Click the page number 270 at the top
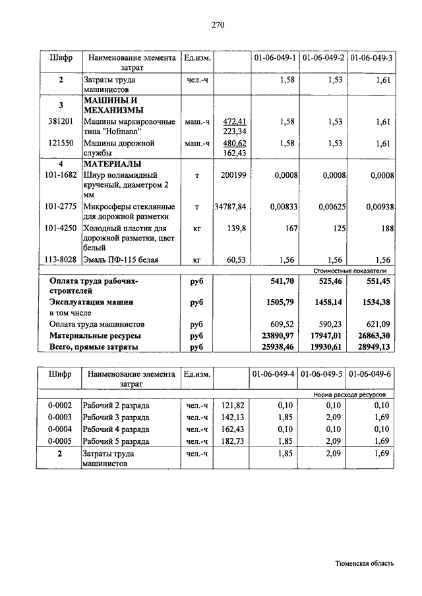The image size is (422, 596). point(218,26)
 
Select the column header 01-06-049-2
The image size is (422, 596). point(323,59)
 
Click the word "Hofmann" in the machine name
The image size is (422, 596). point(124,132)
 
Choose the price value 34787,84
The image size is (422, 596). point(230,207)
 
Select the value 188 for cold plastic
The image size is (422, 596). point(387,229)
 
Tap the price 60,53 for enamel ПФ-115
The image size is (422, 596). point(236,260)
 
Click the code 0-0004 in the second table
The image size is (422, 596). point(61,429)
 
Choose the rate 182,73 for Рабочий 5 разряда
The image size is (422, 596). point(233,441)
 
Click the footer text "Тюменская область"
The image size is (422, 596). point(365,564)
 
